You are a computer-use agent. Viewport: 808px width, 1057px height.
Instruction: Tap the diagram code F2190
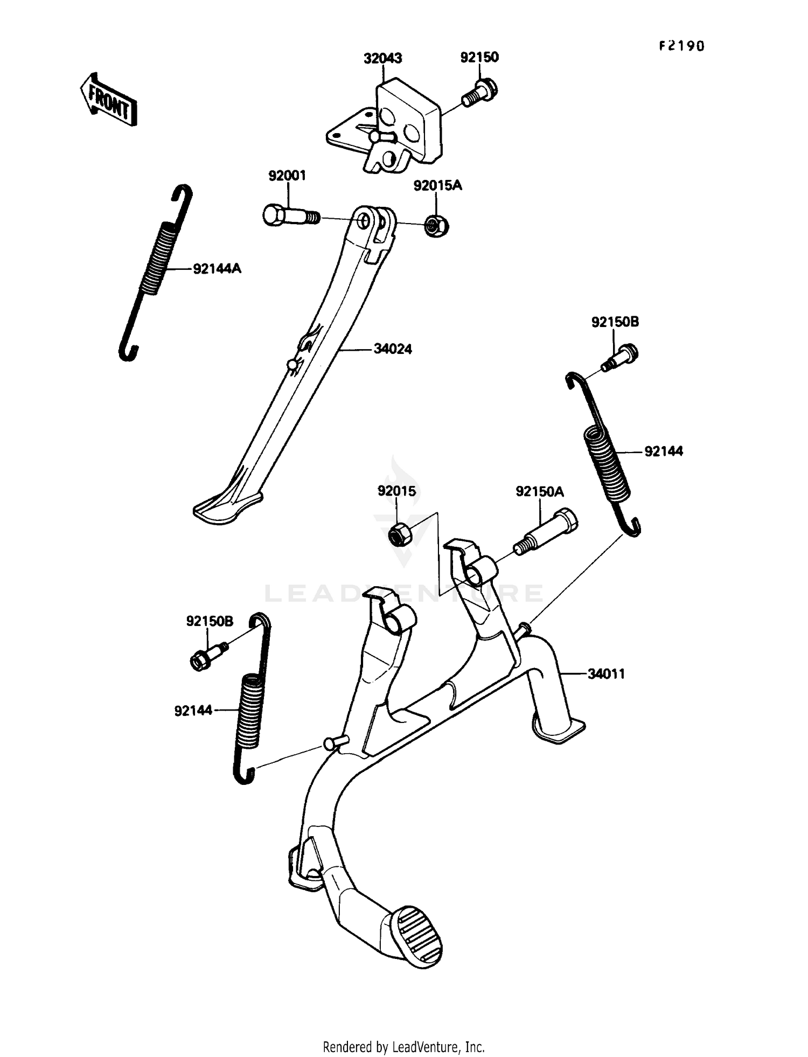(x=681, y=46)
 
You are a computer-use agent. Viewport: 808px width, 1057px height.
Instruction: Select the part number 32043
(x=382, y=58)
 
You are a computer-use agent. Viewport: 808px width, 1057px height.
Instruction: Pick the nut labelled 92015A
(x=437, y=226)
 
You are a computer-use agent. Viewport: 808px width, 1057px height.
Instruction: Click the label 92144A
(x=217, y=268)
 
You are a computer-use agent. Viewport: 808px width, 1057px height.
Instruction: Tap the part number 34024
(x=393, y=350)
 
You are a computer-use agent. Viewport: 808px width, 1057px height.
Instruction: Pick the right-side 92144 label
(x=664, y=451)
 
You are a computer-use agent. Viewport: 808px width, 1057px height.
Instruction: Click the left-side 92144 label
(x=193, y=711)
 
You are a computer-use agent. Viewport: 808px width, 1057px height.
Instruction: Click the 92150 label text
(x=479, y=57)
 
